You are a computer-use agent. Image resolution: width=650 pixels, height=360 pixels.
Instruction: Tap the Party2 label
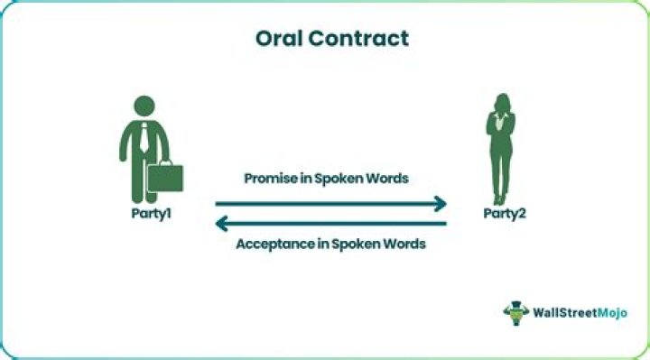[502, 215]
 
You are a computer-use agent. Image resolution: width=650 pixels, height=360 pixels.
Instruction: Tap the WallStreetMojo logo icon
[516, 312]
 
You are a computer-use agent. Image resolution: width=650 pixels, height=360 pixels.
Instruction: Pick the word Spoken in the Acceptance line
[352, 244]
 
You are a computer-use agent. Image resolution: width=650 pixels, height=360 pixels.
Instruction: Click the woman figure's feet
[498, 199]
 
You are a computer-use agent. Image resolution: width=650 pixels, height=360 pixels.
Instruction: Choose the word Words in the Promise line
[385, 179]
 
